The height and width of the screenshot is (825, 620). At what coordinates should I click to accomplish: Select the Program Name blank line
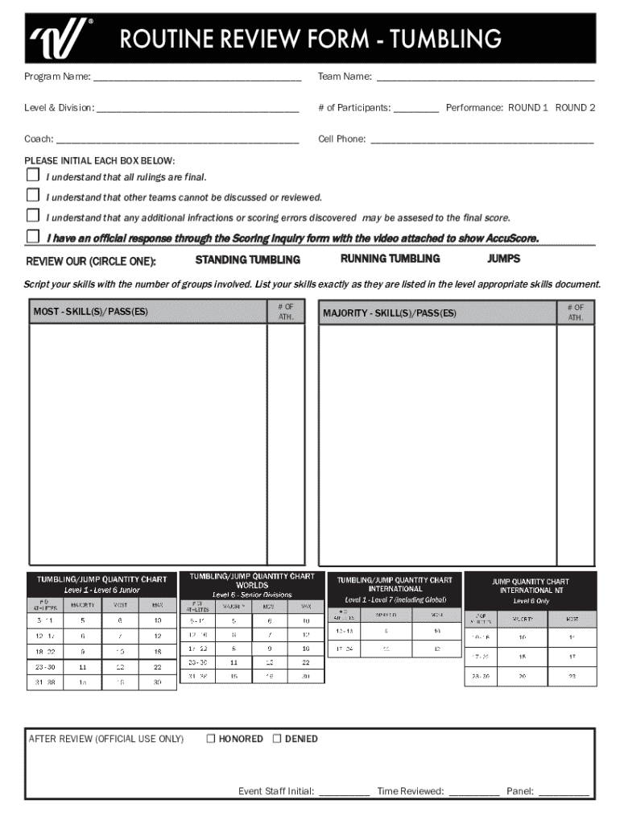(196, 78)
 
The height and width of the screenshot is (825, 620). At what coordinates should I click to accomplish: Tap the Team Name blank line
(486, 78)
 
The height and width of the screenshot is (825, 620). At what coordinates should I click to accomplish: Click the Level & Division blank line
(197, 109)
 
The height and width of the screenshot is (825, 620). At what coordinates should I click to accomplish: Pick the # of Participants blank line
(416, 109)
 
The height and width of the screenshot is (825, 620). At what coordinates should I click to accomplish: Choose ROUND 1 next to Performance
(527, 107)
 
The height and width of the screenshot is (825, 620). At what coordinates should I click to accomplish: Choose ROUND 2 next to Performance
(575, 107)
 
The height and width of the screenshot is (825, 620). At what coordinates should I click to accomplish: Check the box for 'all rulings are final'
(33, 175)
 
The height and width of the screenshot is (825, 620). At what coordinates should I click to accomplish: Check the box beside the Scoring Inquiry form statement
(33, 236)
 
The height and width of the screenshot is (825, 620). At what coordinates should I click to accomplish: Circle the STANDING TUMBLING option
(248, 259)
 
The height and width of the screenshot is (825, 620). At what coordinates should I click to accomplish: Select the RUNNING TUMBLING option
(390, 259)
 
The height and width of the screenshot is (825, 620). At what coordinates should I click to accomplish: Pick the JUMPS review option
(503, 259)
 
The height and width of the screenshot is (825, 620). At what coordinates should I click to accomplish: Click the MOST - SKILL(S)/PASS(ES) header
(90, 312)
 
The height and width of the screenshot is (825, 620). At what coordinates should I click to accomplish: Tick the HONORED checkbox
(211, 738)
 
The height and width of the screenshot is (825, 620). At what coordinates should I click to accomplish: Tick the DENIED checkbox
(277, 738)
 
